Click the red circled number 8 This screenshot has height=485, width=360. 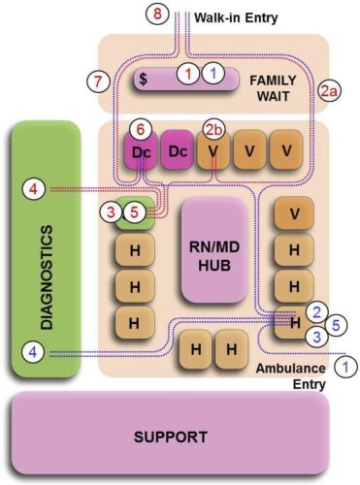[160, 15]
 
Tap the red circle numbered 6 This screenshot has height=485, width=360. [140, 129]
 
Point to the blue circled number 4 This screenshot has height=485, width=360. [33, 351]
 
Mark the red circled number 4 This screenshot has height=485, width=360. [33, 190]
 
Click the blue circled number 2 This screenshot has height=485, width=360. [313, 310]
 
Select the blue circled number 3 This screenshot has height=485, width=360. [313, 336]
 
